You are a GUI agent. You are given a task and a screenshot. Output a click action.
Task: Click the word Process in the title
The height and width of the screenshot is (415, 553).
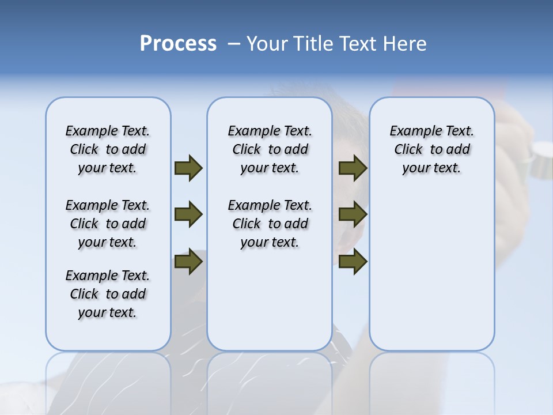(x=178, y=43)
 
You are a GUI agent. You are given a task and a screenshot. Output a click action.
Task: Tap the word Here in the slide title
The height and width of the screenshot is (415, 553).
(x=406, y=44)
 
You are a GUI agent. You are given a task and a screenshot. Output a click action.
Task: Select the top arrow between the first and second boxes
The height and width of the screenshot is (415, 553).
(x=188, y=168)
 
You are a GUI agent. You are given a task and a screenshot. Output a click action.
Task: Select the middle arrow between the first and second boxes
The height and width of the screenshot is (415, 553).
(x=188, y=214)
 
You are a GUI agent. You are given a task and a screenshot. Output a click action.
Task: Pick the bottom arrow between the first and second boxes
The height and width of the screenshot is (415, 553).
(x=188, y=262)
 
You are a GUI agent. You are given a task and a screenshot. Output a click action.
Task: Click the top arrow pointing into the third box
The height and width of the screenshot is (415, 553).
(x=353, y=168)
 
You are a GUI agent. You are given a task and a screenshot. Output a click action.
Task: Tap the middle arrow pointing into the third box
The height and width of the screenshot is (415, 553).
(x=353, y=214)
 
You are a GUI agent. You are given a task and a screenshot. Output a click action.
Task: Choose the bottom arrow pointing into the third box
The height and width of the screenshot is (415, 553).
(x=353, y=262)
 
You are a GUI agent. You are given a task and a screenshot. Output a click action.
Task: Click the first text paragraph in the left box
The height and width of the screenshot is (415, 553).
(x=108, y=149)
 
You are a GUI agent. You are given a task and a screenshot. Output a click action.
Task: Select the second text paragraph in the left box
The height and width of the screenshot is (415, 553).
(x=108, y=224)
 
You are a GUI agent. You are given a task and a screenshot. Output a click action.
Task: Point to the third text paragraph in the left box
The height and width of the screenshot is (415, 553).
(x=108, y=294)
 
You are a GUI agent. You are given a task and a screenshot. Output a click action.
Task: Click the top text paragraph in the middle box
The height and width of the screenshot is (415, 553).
(x=270, y=149)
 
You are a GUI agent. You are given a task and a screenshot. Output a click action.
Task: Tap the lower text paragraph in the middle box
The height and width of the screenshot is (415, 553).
(x=270, y=224)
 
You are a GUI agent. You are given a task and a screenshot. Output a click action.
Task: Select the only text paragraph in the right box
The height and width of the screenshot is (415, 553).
(x=431, y=149)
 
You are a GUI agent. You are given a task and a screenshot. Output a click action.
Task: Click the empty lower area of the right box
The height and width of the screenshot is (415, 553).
(x=431, y=277)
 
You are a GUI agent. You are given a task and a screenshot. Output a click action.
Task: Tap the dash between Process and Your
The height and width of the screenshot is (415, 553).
(x=233, y=44)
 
